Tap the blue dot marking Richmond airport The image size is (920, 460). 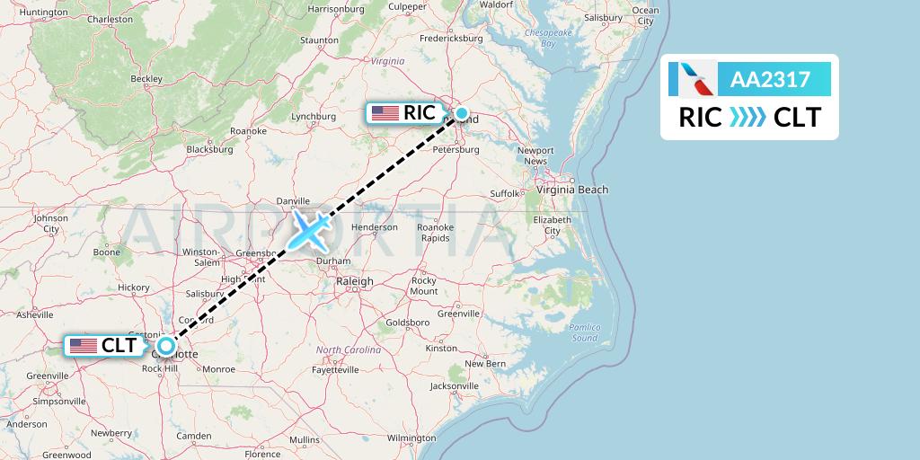pyautogui.click(x=462, y=113)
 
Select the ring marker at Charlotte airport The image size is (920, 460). pyautogui.click(x=166, y=345)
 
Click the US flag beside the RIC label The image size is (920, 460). pyautogui.click(x=385, y=113)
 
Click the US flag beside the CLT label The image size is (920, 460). pyautogui.click(x=84, y=346)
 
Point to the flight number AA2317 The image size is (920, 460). pyautogui.click(x=771, y=80)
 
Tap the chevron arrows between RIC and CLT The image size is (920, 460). pyautogui.click(x=747, y=118)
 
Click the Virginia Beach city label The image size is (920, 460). pyautogui.click(x=572, y=190)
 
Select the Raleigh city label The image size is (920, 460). pyautogui.click(x=354, y=281)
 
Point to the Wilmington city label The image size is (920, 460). pyautogui.click(x=411, y=438)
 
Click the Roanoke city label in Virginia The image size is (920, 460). pyautogui.click(x=248, y=130)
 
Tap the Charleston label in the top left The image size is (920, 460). pyautogui.click(x=111, y=19)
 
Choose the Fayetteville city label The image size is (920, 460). pyautogui.click(x=335, y=369)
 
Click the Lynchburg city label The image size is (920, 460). pyautogui.click(x=314, y=116)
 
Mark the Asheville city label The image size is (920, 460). pyautogui.click(x=35, y=314)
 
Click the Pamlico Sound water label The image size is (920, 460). pyautogui.click(x=584, y=332)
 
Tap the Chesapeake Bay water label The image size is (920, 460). pyautogui.click(x=548, y=37)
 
